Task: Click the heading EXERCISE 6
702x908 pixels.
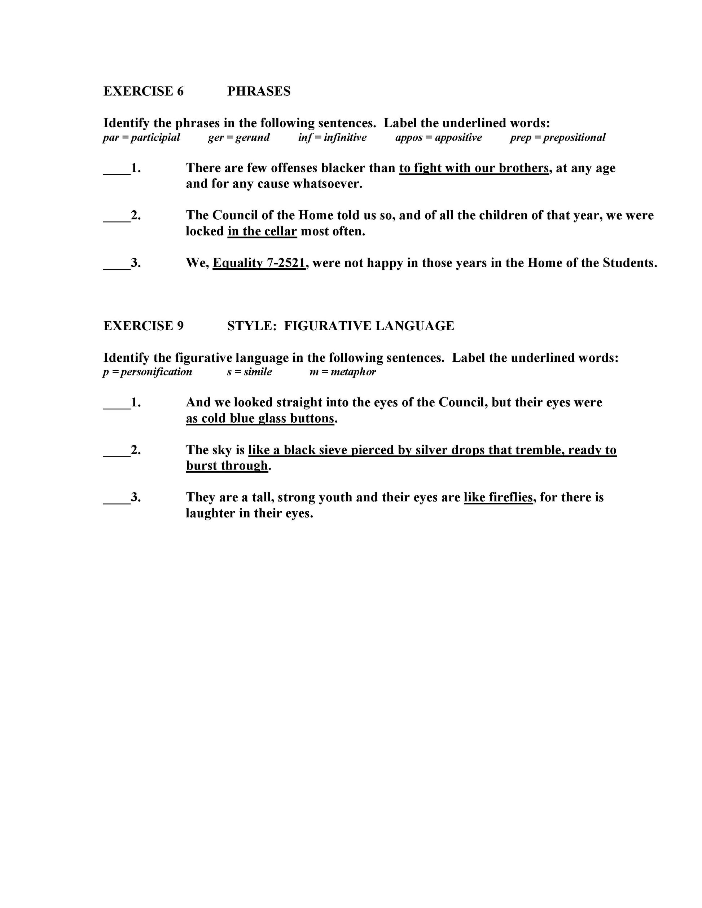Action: (143, 91)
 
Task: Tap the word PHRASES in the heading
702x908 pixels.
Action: (259, 91)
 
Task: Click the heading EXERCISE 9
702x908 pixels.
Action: (143, 326)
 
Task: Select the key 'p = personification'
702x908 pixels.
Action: (147, 372)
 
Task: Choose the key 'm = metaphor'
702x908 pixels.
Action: (342, 372)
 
